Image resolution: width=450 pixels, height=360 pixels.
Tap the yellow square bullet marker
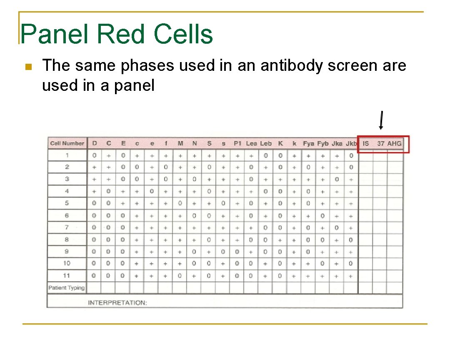pos(28,67)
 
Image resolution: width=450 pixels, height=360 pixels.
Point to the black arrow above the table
pos(381,120)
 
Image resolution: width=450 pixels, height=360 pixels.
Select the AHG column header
pos(395,143)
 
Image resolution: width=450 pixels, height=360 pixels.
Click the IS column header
pos(366,143)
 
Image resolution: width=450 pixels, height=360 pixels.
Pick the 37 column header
pos(380,143)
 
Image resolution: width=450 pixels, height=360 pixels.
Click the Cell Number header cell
pos(67,143)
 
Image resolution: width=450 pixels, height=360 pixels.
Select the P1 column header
pos(237,143)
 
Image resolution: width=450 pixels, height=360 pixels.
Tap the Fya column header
pos(308,143)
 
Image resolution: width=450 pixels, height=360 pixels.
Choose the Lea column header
pos(251,143)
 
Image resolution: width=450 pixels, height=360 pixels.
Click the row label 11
pos(67,275)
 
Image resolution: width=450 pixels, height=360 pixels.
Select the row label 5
pos(67,203)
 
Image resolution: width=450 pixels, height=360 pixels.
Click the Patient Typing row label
pos(67,287)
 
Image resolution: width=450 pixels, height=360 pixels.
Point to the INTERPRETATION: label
pos(117,302)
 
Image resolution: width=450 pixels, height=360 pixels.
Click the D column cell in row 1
pos(95,155)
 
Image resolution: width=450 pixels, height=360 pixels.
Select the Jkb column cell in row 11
pos(351,276)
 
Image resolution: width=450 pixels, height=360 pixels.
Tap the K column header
pos(280,143)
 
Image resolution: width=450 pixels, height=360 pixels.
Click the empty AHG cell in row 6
pos(395,215)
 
